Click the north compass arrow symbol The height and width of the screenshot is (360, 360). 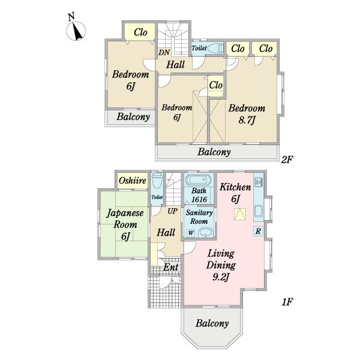point(76,31)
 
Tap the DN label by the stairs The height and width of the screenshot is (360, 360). point(164,53)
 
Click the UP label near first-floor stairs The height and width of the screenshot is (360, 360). point(172,211)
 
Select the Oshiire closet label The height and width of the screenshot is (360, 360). point(133,181)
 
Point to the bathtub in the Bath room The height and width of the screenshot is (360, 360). point(199,180)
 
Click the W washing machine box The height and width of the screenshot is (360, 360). point(191,233)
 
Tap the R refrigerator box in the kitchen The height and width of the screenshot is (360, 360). point(258,231)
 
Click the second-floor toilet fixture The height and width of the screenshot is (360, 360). point(215,48)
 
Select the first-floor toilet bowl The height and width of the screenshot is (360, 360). point(157,181)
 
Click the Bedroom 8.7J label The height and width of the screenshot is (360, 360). point(247,114)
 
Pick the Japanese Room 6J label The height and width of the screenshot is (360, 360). point(125,224)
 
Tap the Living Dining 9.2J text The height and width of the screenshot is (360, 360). point(221,265)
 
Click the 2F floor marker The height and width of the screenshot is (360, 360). point(287,160)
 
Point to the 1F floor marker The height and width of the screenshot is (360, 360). point(287,302)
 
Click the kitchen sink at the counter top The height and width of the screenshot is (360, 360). point(259,182)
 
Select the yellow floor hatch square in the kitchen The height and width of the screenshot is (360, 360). point(240,214)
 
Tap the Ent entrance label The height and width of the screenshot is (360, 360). point(171,267)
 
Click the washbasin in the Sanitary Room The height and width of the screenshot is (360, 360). point(206,233)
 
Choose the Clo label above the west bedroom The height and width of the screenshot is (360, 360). point(140,32)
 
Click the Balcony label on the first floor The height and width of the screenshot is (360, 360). point(212,323)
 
